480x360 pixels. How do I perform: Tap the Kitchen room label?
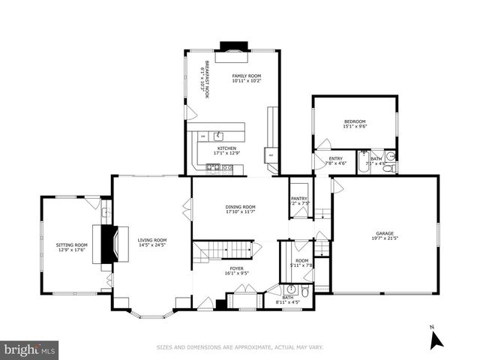226,148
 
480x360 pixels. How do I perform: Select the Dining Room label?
240,206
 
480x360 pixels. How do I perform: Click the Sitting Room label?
71,244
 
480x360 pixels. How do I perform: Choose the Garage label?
384,233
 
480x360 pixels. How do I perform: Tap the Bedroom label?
354,121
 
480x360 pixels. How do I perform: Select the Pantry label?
299,199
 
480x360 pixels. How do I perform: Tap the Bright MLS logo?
30,349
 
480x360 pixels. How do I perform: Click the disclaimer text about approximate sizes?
240,347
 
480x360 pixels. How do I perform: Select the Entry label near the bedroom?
335,158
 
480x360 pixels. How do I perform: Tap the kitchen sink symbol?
218,136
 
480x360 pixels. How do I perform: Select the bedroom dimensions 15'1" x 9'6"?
354,127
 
